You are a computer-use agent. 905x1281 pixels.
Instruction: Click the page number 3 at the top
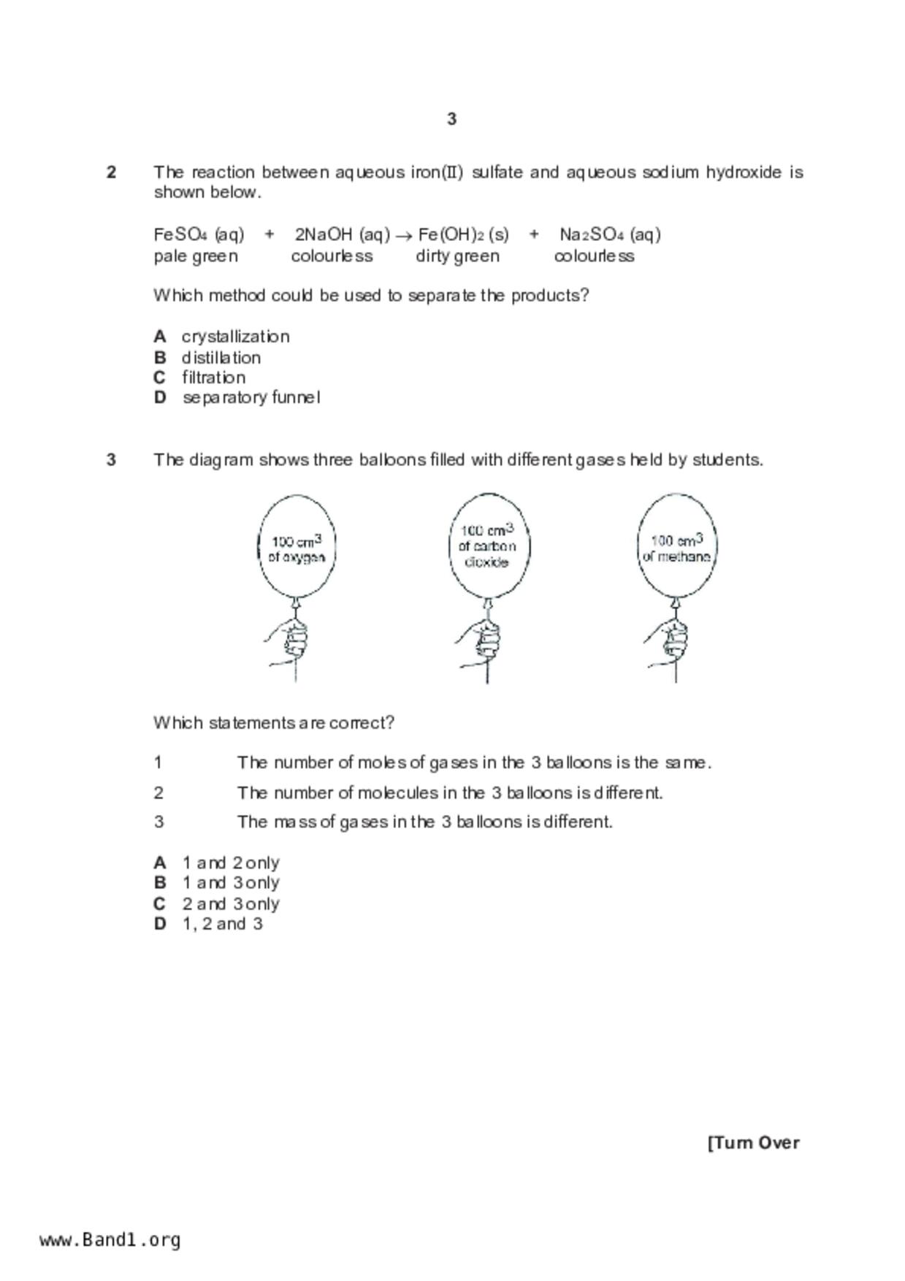451,119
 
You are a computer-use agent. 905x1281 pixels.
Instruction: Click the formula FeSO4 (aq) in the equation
199,234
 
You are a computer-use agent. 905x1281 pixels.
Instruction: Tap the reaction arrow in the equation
404,235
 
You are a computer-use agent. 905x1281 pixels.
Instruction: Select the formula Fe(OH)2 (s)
463,234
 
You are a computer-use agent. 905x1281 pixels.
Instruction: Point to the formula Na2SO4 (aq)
610,234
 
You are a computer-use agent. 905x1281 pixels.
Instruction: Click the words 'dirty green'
457,256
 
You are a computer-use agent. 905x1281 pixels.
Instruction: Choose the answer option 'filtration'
213,378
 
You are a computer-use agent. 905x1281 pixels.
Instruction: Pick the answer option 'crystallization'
235,337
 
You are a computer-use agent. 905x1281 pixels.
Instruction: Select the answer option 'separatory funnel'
251,398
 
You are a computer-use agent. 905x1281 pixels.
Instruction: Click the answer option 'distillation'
221,358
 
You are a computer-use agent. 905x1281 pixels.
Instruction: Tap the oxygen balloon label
297,548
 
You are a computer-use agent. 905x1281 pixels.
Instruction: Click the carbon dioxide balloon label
487,546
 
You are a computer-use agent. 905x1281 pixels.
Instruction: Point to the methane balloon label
676,548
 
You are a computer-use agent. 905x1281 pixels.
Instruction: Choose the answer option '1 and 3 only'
230,883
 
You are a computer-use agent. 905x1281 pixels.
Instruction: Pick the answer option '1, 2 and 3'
222,924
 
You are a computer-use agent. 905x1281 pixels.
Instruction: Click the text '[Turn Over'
753,1143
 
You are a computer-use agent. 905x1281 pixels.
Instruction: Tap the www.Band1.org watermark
110,1240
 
